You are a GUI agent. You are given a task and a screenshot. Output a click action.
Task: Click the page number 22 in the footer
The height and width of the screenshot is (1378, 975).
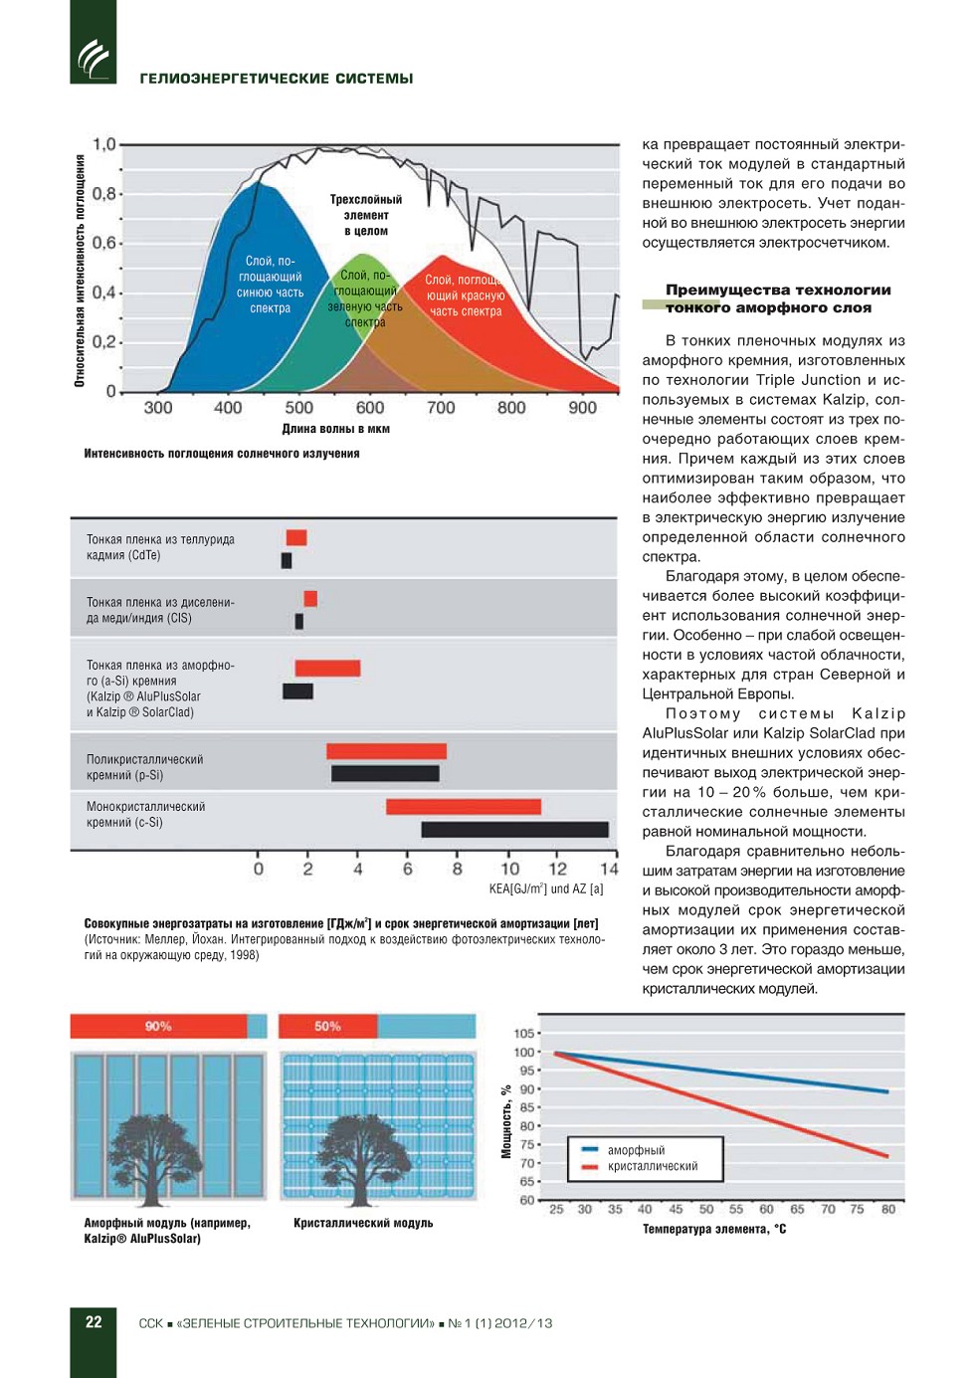[94, 1322]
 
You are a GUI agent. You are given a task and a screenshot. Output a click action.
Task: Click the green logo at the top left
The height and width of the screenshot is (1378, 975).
[93, 59]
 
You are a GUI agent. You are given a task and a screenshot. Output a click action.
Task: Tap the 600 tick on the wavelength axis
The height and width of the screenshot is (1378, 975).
[370, 407]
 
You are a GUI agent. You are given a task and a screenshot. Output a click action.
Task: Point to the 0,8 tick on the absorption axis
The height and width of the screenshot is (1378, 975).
[104, 193]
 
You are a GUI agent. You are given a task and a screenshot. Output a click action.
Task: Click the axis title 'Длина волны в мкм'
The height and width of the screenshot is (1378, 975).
[335, 429]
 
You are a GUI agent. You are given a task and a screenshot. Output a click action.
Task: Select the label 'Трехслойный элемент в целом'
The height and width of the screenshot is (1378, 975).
[366, 215]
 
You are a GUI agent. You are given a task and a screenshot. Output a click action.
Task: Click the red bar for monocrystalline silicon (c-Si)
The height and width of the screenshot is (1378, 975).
[464, 806]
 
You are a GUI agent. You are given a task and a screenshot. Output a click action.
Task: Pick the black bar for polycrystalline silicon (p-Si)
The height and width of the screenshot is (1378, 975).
[385, 773]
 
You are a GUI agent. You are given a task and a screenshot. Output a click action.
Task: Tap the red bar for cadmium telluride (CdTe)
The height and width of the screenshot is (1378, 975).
[296, 538]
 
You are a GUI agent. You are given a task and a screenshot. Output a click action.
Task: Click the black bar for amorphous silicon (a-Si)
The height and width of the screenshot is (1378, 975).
[297, 690]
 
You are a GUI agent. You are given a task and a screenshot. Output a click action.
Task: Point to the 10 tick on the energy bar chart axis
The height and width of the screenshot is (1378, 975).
[509, 869]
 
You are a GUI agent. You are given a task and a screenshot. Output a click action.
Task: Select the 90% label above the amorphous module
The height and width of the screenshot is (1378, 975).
[158, 1026]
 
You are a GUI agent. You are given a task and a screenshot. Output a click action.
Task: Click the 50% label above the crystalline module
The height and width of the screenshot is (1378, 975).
[327, 1026]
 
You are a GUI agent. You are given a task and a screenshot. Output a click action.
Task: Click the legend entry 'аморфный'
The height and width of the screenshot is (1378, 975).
[636, 1150]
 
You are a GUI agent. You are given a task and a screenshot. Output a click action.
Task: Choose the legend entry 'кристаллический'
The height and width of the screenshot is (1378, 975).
[652, 1166]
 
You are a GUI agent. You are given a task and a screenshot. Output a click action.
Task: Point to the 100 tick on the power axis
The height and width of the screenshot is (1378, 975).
[524, 1052]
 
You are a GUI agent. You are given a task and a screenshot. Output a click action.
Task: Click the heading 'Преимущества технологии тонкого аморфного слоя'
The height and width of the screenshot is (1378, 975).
[777, 298]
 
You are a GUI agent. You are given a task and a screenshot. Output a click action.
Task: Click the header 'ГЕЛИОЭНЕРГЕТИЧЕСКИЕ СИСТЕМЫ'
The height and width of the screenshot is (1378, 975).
[277, 79]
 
